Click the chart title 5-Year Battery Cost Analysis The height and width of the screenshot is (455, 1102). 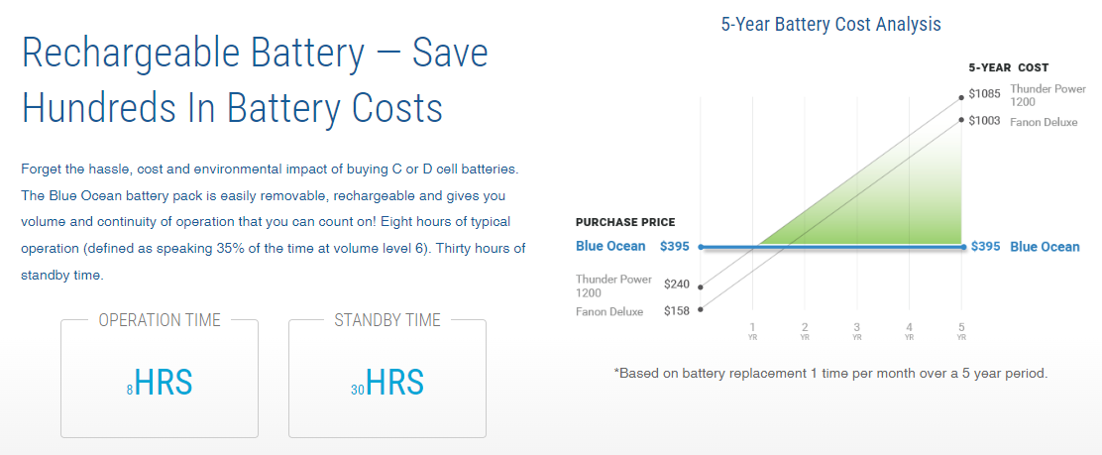pyautogui.click(x=830, y=24)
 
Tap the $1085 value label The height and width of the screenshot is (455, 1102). pyautogui.click(x=984, y=93)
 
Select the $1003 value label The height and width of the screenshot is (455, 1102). pyautogui.click(x=984, y=121)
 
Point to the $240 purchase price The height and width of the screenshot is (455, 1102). pyautogui.click(x=677, y=284)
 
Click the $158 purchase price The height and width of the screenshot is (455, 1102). pyautogui.click(x=677, y=310)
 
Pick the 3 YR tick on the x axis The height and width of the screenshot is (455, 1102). pyautogui.click(x=856, y=330)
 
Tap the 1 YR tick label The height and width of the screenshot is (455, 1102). pyautogui.click(x=753, y=330)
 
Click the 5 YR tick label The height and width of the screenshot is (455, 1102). pyautogui.click(x=961, y=330)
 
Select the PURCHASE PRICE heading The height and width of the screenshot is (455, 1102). pyautogui.click(x=625, y=222)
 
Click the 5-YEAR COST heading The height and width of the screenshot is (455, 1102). pyautogui.click(x=1009, y=68)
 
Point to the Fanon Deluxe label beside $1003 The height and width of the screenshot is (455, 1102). pyautogui.click(x=1044, y=122)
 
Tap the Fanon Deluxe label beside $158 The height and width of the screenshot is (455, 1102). pyautogui.click(x=609, y=311)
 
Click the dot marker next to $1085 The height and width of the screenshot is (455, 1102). pyautogui.click(x=961, y=95)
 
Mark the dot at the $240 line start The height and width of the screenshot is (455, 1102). pyautogui.click(x=700, y=286)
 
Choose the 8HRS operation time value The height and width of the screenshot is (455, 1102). pyautogui.click(x=160, y=383)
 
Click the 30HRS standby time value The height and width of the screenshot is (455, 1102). pyautogui.click(x=387, y=383)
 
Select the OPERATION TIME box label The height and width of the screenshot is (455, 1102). pyautogui.click(x=160, y=320)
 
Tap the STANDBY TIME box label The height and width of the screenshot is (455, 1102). pyautogui.click(x=387, y=320)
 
